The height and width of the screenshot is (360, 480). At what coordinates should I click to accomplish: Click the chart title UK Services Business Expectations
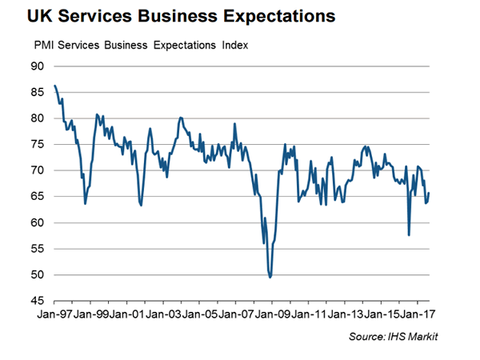tap(170, 16)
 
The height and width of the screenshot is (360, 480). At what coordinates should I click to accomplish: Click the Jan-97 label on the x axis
tap(54, 315)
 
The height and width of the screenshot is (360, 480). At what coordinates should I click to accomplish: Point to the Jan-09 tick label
tap(271, 315)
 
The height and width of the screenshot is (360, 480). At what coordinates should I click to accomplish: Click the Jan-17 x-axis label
tap(416, 315)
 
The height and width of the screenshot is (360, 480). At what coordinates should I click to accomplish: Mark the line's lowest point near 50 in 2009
tap(270, 277)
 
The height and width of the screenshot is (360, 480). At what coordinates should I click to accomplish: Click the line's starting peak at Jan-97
tap(54, 86)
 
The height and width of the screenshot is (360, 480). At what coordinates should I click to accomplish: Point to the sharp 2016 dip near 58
tap(409, 234)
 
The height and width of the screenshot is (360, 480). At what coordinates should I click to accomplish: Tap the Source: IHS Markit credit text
tap(393, 338)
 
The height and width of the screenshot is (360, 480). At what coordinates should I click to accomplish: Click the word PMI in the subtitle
tap(42, 45)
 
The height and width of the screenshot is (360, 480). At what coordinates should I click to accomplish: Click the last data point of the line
tap(429, 193)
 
